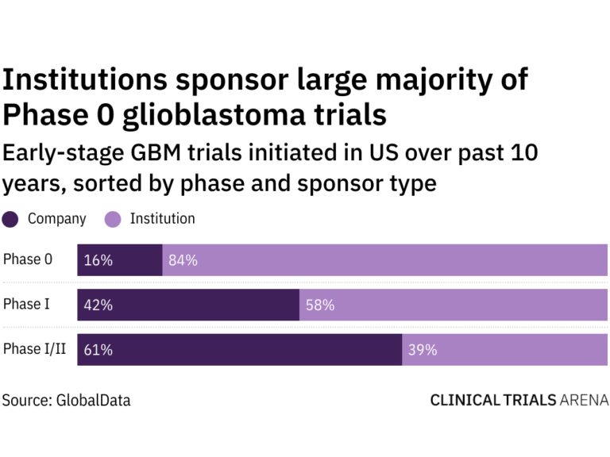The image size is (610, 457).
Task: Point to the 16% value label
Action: (x=98, y=260)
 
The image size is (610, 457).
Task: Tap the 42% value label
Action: (x=98, y=305)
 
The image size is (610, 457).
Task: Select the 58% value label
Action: (x=319, y=305)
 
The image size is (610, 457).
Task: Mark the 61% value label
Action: (x=98, y=349)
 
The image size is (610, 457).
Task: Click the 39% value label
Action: (x=422, y=349)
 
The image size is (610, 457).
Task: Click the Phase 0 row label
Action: (x=28, y=259)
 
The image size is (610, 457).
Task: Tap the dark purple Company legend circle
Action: (x=11, y=220)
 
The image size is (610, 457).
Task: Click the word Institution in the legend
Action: (x=162, y=219)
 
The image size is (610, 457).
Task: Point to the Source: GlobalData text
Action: (x=67, y=401)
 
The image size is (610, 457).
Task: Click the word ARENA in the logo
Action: (x=584, y=401)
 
